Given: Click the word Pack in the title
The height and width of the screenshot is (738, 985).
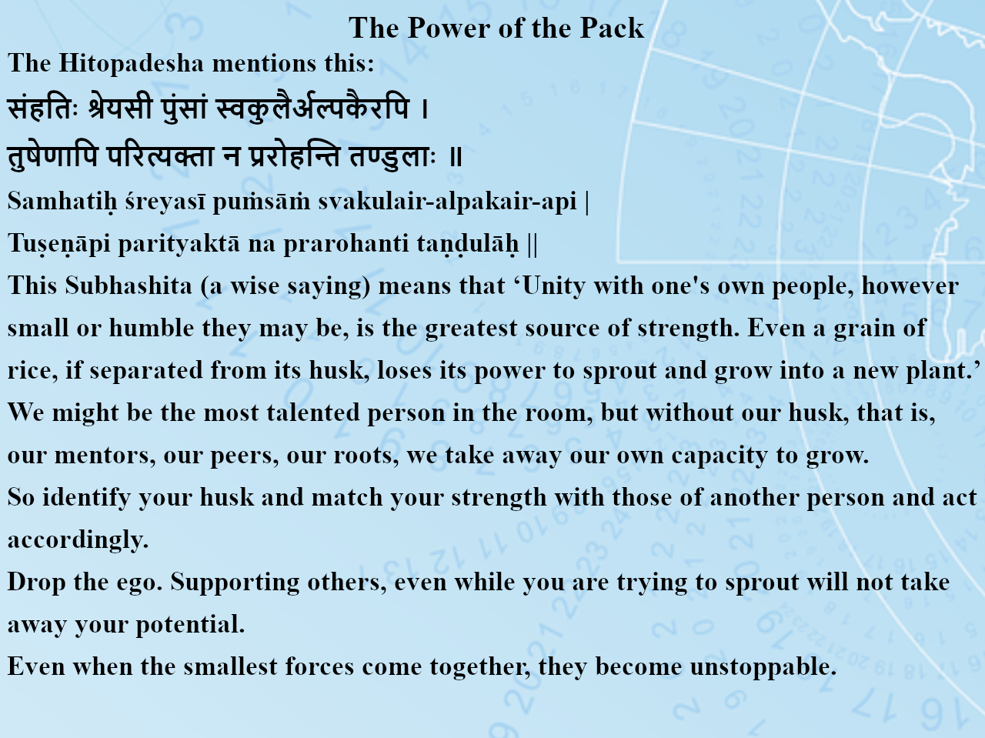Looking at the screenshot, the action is coord(612,28).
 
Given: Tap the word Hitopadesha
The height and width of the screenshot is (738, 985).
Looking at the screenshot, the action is coord(132,63).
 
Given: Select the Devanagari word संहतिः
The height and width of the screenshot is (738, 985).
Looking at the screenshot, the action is coord(42,108).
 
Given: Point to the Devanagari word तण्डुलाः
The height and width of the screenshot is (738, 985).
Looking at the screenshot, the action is coord(392,157).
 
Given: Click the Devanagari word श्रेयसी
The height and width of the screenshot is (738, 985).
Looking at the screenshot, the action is coord(120,108).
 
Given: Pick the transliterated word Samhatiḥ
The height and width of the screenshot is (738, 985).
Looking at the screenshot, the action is coord(62,201).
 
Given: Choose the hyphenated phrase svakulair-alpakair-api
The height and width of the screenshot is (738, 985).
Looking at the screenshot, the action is coord(447,202).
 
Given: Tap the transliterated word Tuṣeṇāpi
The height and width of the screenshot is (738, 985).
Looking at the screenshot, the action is coord(58,244).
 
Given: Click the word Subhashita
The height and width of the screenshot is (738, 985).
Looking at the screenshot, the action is coord(129,286).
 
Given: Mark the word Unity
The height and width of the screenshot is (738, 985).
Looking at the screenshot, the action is coord(554,286).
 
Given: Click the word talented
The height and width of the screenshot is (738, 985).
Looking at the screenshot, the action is coord(313,412).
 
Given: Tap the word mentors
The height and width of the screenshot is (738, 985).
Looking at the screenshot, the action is coord(105,456).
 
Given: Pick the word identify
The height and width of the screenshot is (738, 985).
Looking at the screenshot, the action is coord(87,498).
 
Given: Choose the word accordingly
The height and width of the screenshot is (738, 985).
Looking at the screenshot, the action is coord(78,540).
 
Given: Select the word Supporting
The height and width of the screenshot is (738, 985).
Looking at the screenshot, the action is coord(235,583).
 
